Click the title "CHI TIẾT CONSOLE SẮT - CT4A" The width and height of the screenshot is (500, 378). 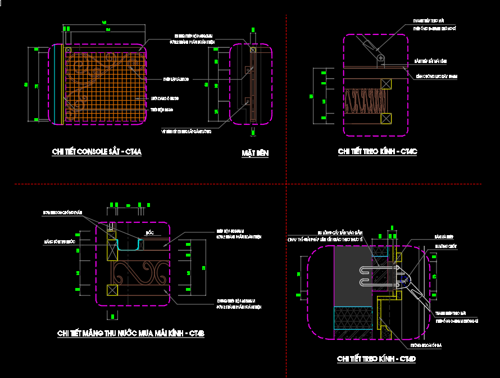[97, 152]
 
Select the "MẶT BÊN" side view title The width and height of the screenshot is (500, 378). [255, 153]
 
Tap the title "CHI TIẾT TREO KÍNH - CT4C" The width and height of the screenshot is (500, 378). [378, 151]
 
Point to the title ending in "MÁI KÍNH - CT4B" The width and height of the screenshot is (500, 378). [131, 334]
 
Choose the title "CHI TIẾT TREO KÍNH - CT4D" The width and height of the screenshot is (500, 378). [376, 359]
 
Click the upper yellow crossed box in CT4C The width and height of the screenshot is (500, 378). [386, 84]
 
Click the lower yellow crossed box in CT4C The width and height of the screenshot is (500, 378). [386, 118]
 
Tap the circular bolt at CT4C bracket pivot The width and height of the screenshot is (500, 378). [381, 57]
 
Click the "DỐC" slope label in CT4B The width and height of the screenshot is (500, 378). [149, 232]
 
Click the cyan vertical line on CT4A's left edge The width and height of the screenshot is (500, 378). [61, 84]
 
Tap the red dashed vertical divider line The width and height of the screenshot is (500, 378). [287, 112]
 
